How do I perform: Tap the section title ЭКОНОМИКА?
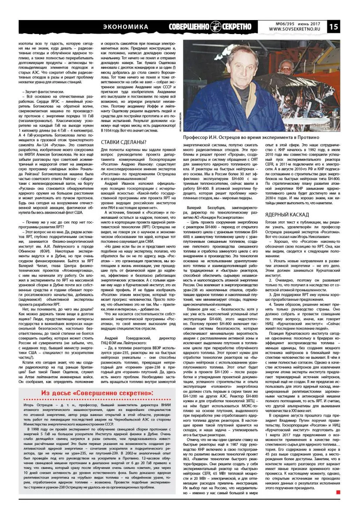[125, 27]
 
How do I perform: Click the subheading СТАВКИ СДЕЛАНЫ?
[123, 143]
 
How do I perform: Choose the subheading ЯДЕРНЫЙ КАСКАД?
[287, 214]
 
